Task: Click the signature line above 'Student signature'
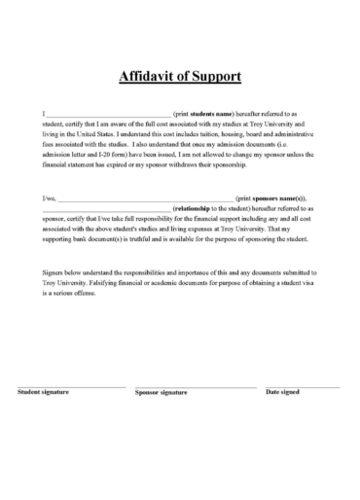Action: [x=70, y=386]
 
